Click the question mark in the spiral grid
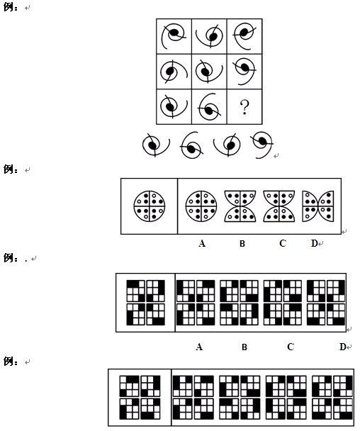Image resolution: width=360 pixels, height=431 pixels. pyautogui.click(x=244, y=107)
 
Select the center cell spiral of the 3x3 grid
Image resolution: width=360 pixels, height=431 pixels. pyautogui.click(x=208, y=71)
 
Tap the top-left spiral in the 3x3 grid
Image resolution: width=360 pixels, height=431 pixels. pyautogui.click(x=174, y=35)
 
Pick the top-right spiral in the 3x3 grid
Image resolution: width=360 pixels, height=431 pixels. pyautogui.click(x=244, y=35)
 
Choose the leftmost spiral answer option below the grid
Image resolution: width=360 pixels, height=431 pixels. pyautogui.click(x=156, y=145)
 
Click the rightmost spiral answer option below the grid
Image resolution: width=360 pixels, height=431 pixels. pyautogui.click(x=262, y=145)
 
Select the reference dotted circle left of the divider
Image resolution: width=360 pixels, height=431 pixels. pyautogui.click(x=150, y=206)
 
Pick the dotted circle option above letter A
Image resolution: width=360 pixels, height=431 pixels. pyautogui.click(x=201, y=206)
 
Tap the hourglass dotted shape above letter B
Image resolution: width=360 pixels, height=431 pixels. pyautogui.click(x=240, y=206)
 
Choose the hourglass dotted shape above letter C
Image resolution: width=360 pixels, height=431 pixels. pyautogui.click(x=279, y=206)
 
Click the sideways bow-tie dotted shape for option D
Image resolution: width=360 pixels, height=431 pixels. pyautogui.click(x=318, y=206)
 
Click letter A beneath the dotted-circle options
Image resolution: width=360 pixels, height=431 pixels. pyautogui.click(x=202, y=243)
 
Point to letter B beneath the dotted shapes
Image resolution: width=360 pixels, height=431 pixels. pyautogui.click(x=242, y=244)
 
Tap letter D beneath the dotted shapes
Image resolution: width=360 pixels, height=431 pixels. pyautogui.click(x=315, y=243)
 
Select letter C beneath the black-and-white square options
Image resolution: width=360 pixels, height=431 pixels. pyautogui.click(x=291, y=347)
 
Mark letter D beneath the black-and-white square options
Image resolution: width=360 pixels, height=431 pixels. pyautogui.click(x=343, y=347)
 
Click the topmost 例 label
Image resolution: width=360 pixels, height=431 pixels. pyautogui.click(x=9, y=7)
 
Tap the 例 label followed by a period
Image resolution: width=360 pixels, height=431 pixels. pyautogui.click(x=9, y=258)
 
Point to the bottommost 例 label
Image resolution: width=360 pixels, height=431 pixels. pyautogui.click(x=9, y=362)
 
